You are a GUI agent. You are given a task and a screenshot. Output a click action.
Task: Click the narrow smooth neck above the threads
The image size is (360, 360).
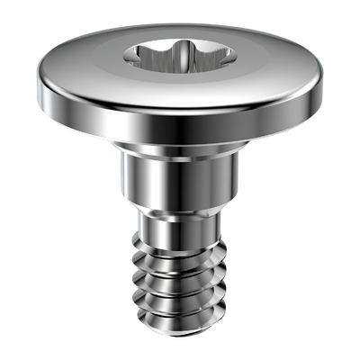click(180, 220)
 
